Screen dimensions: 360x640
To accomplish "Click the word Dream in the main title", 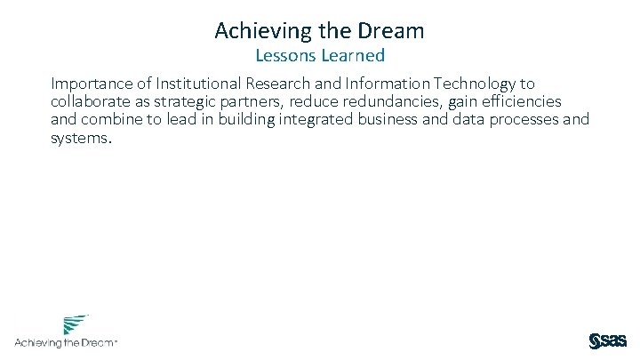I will [x=392, y=31].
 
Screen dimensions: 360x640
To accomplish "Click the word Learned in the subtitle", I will [x=353, y=56].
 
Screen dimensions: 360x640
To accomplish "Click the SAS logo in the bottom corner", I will [x=608, y=341].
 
